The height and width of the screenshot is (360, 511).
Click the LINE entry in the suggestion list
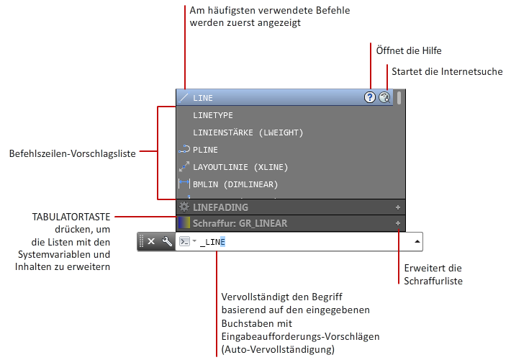[x=203, y=98]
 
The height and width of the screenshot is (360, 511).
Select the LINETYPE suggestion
[x=213, y=115]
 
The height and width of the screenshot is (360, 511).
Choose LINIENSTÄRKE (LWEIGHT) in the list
[x=248, y=132]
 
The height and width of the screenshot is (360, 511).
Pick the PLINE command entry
[x=205, y=150]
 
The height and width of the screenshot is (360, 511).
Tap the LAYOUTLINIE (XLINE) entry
[x=240, y=167]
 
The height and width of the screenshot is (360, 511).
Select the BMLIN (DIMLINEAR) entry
[x=235, y=184]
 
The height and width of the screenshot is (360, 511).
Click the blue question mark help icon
[x=370, y=97]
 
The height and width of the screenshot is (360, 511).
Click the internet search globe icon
[x=384, y=97]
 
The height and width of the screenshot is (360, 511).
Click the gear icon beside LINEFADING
[x=184, y=207]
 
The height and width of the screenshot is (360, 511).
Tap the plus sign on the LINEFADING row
[x=397, y=207]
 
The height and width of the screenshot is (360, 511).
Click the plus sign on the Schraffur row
[x=397, y=223]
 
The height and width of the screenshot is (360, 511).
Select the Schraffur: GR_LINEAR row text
[x=240, y=223]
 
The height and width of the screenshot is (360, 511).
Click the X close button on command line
[x=151, y=241]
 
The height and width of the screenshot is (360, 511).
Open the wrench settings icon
[x=167, y=241]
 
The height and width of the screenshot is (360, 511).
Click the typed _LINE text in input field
[x=212, y=242]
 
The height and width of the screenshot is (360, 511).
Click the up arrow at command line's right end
[x=417, y=241]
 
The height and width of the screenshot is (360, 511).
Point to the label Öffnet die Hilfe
[x=409, y=50]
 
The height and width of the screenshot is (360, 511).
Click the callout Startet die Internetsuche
[x=447, y=71]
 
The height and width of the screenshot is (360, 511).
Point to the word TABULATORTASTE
[x=71, y=217]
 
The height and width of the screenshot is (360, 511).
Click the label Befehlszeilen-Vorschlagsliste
[x=73, y=153]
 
